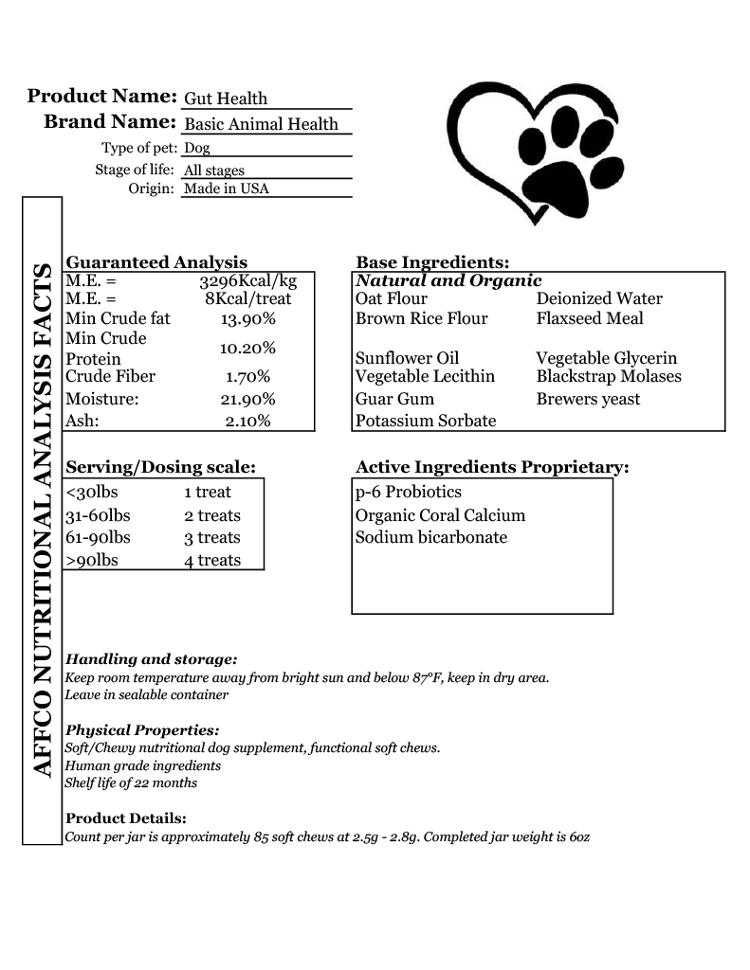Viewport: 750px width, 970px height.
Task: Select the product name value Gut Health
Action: pyautogui.click(x=226, y=99)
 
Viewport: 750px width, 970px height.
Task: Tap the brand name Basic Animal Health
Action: pyautogui.click(x=261, y=124)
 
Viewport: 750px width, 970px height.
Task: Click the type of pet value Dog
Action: pyautogui.click(x=197, y=148)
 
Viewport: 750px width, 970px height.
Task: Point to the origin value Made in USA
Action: pyautogui.click(x=227, y=189)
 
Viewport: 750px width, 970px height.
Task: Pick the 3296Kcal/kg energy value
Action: pyautogui.click(x=247, y=281)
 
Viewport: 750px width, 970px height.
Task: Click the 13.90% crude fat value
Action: pyautogui.click(x=247, y=319)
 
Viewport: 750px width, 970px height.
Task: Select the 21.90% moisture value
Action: pyautogui.click(x=247, y=400)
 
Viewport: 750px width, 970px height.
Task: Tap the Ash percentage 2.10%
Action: pyautogui.click(x=247, y=422)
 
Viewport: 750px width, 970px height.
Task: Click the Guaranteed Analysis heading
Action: pyautogui.click(x=156, y=262)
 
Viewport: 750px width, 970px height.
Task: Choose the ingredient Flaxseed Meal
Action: pyautogui.click(x=590, y=318)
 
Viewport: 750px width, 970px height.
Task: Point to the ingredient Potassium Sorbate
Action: pyautogui.click(x=426, y=421)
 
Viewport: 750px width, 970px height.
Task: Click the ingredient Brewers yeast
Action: pyautogui.click(x=588, y=399)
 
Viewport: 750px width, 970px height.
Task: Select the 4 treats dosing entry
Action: pyautogui.click(x=212, y=561)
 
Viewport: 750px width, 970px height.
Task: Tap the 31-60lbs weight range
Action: pyautogui.click(x=99, y=516)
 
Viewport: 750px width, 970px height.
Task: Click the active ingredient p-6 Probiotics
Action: pyautogui.click(x=409, y=493)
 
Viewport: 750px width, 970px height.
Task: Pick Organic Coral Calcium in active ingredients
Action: pyautogui.click(x=440, y=516)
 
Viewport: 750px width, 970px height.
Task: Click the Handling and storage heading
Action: pyautogui.click(x=151, y=659)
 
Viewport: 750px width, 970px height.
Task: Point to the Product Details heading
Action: pyautogui.click(x=126, y=818)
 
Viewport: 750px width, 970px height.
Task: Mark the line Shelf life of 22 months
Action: pyautogui.click(x=131, y=783)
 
